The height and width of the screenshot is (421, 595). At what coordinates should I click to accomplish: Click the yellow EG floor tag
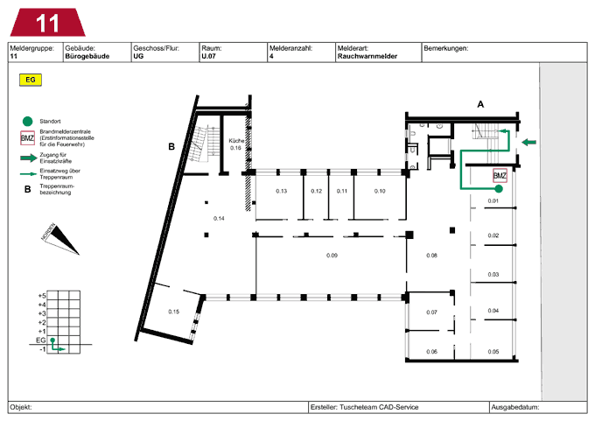31,80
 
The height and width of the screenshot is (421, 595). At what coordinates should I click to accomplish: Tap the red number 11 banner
47,23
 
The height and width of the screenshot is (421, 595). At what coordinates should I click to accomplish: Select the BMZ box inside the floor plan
500,176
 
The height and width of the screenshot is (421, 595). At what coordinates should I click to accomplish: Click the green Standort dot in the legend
27,122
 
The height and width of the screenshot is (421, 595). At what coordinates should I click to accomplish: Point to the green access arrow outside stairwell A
529,143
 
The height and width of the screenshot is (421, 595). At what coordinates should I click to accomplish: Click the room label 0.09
332,256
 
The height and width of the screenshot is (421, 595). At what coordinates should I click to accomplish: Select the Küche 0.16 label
236,144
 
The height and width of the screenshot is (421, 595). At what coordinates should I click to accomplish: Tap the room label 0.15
174,312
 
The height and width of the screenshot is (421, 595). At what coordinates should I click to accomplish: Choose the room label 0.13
281,191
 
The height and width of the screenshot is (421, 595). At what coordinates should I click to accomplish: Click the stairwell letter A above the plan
480,104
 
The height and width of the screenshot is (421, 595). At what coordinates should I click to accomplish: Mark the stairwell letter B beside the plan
171,146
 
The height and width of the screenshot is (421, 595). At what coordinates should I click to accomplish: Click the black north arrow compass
60,239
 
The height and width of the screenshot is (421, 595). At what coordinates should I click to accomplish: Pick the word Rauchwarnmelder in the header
367,56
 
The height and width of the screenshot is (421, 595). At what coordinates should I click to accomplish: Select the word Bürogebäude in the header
87,56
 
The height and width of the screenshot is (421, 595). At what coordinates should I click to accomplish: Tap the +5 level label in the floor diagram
42,296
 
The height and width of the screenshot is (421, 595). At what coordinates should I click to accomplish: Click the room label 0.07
431,312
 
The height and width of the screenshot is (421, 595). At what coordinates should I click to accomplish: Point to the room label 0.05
493,352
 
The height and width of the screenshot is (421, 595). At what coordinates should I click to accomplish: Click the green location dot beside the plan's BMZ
499,189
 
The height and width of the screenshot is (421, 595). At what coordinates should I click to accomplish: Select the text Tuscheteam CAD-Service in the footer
379,407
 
